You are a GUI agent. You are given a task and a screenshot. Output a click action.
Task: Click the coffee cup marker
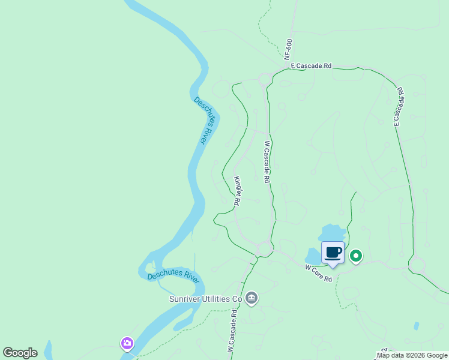pyautogui.click(x=333, y=252)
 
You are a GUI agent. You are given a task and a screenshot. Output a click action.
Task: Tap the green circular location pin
pyautogui.click(x=355, y=257)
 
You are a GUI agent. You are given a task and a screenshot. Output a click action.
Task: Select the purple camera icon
pyautogui.click(x=127, y=343)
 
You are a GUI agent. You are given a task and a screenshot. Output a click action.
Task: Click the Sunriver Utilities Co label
pyautogui.click(x=206, y=298)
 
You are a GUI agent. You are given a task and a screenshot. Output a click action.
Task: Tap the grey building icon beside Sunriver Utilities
pyautogui.click(x=252, y=298)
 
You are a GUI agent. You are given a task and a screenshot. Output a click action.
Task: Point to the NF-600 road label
pyautogui.click(x=289, y=49)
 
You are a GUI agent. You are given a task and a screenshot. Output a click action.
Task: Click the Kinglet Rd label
pyautogui.click(x=237, y=191)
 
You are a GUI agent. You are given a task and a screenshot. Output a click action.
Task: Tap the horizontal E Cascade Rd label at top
pyautogui.click(x=311, y=66)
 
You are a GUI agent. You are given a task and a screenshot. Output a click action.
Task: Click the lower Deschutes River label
pyautogui.click(x=173, y=277)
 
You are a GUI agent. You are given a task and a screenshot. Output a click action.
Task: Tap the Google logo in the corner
pyautogui.click(x=20, y=353)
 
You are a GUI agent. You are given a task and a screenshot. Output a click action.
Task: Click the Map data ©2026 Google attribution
pyautogui.click(x=412, y=355)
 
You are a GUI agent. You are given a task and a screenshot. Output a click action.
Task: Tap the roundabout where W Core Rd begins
pyautogui.click(x=265, y=248)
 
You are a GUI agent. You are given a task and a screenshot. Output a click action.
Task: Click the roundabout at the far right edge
pyautogui.click(x=417, y=265)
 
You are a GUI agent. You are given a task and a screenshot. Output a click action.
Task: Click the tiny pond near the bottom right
pyautogui.click(x=416, y=326)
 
